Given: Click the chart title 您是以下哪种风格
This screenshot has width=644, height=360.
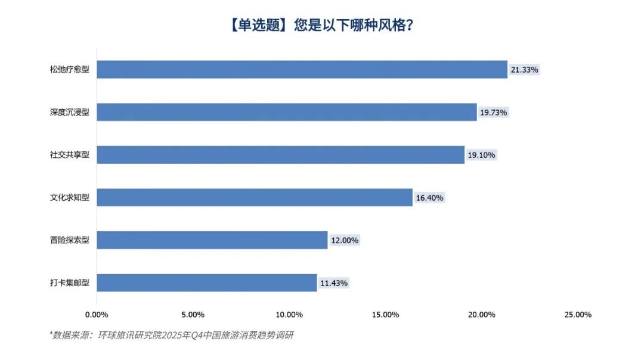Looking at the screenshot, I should (x=322, y=26).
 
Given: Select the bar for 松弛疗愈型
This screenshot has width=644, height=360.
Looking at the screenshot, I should (x=302, y=69).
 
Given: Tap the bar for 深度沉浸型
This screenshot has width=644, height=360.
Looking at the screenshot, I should (x=286, y=112).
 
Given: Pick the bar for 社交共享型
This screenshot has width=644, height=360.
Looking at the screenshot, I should (x=280, y=155).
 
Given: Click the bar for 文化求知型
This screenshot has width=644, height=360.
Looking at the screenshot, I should (x=255, y=197).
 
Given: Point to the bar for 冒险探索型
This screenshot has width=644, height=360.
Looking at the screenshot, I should (x=212, y=240).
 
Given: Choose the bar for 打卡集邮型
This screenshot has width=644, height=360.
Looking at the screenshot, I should (x=207, y=283).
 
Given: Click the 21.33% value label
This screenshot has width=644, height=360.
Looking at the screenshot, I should (x=524, y=70).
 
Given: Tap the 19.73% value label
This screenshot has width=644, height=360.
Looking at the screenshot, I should (x=494, y=112).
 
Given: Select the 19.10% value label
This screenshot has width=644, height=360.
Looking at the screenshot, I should (x=481, y=155).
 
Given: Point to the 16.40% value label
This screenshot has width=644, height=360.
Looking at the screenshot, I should (x=429, y=198).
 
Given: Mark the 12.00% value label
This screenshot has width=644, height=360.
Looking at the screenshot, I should (x=345, y=240).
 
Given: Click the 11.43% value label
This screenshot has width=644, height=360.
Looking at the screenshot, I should (x=334, y=283).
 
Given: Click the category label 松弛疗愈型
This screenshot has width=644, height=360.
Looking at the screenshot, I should (x=70, y=70).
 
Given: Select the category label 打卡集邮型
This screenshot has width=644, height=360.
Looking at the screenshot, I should (x=70, y=283).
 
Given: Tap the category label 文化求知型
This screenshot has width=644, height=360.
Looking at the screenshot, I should (x=70, y=198).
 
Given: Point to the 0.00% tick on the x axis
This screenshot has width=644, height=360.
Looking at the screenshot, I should (x=97, y=315).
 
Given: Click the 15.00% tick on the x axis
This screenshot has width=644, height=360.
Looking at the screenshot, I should (x=385, y=315).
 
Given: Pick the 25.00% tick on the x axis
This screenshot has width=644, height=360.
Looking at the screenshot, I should (x=577, y=315).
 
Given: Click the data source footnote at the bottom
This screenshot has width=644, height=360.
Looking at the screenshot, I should (x=171, y=336).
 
